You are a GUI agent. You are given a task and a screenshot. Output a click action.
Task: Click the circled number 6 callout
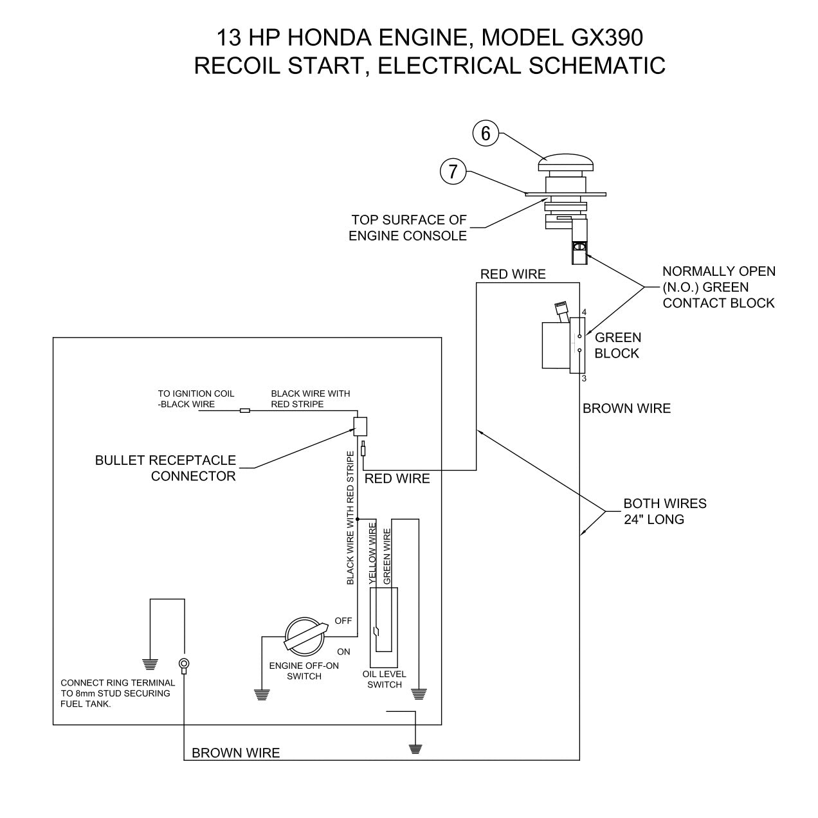point(486,133)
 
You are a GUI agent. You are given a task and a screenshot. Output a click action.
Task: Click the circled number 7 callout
point(453,171)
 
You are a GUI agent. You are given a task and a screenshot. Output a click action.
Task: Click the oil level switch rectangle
point(384,627)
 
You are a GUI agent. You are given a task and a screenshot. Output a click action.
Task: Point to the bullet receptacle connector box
point(360,425)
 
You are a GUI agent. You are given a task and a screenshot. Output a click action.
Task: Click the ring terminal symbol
point(184,664)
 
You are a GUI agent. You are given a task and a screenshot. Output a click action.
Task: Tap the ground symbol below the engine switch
point(262,694)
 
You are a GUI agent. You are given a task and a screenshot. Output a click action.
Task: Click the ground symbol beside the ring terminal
point(150,664)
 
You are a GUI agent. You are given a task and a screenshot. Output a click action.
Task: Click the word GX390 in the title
point(606,38)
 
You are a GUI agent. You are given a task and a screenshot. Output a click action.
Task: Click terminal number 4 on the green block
point(584,312)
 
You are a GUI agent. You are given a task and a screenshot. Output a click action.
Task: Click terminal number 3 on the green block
point(584,378)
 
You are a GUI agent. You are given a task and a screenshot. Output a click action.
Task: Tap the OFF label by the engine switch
point(343,621)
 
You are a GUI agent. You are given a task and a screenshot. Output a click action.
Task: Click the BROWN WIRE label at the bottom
point(235,753)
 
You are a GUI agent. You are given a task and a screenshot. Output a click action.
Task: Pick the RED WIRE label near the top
point(513,274)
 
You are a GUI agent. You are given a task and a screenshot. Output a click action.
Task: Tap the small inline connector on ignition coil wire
point(244,410)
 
